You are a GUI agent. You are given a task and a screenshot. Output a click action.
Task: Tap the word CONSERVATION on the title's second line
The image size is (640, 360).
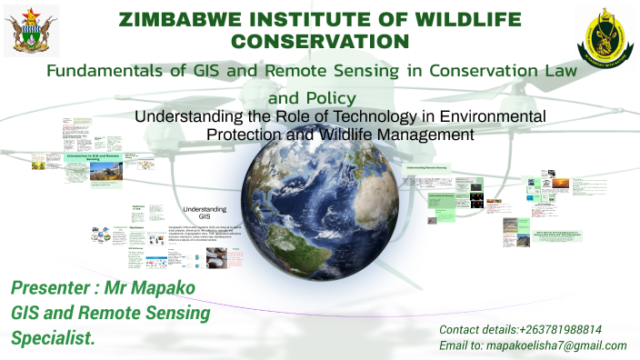coord(320,40)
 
